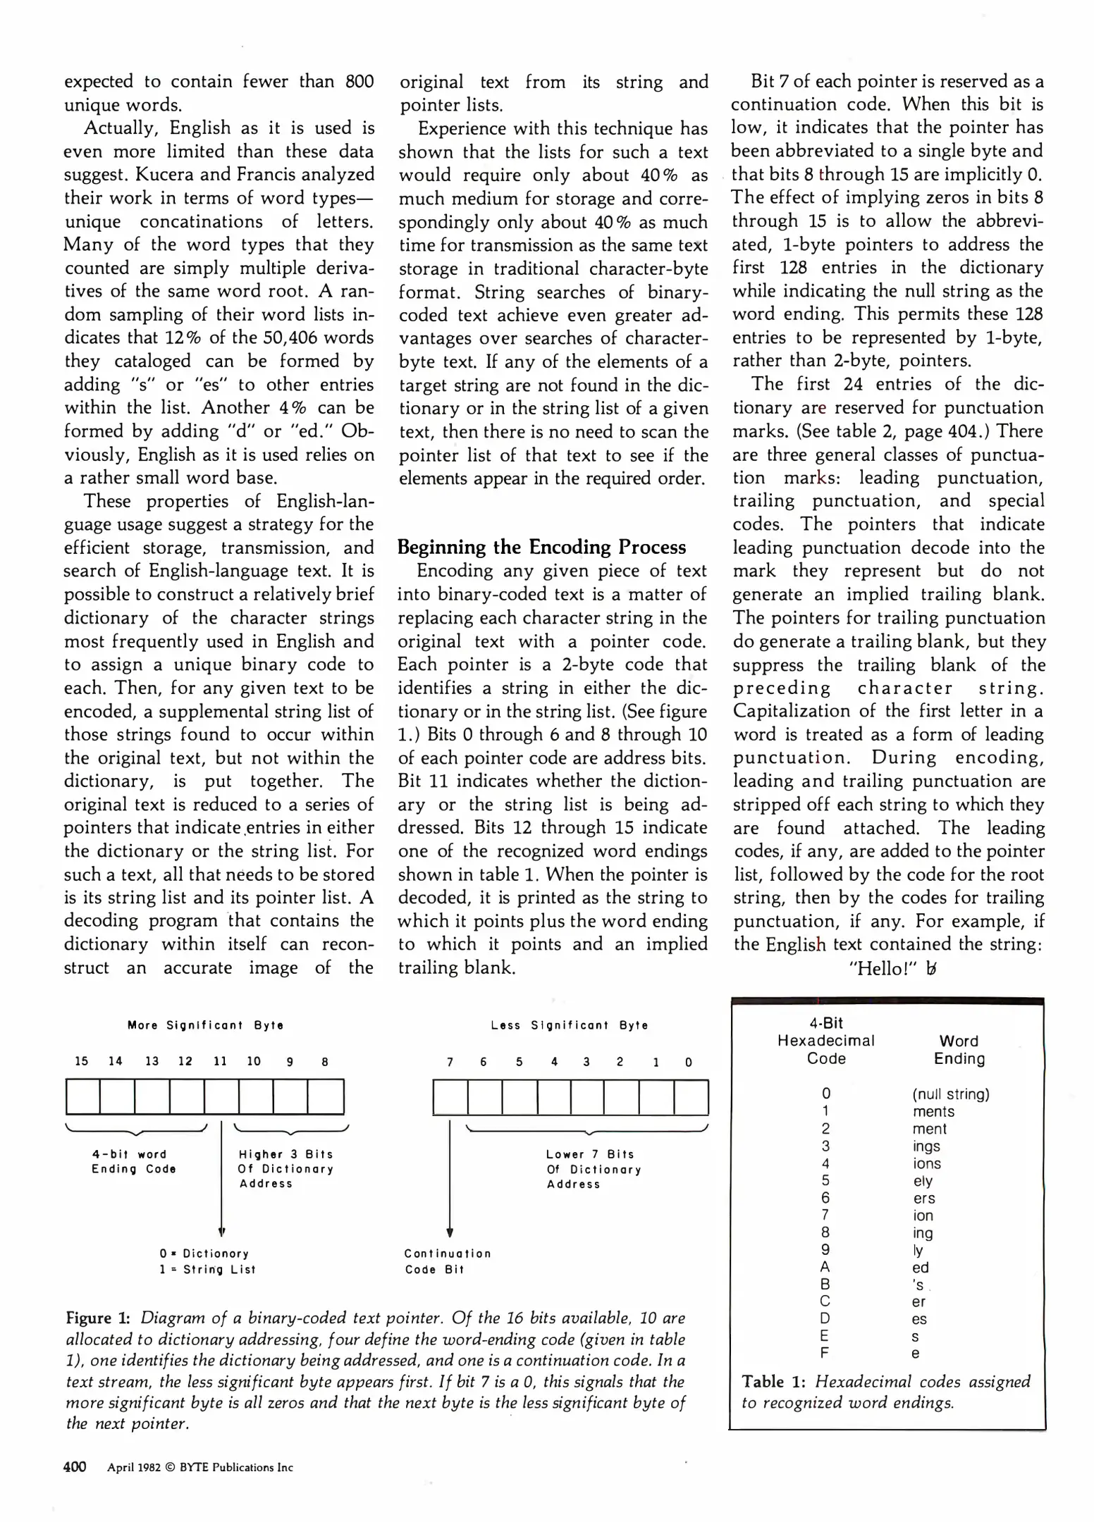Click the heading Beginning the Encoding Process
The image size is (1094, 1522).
541,547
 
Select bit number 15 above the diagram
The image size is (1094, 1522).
82,1061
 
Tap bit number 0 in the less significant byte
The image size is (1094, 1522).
689,1062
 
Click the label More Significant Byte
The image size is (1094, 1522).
205,1025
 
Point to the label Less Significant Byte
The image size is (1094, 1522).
570,1025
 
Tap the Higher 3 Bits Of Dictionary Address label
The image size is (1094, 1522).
285,1169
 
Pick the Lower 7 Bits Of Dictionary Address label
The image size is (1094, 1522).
594,1169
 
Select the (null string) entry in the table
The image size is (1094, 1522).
951,1094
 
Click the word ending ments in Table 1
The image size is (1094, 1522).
933,1112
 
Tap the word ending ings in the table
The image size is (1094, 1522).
926,1146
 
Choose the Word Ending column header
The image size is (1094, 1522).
959,1050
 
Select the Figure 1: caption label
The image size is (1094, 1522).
98,1318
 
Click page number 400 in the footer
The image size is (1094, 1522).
75,1467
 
